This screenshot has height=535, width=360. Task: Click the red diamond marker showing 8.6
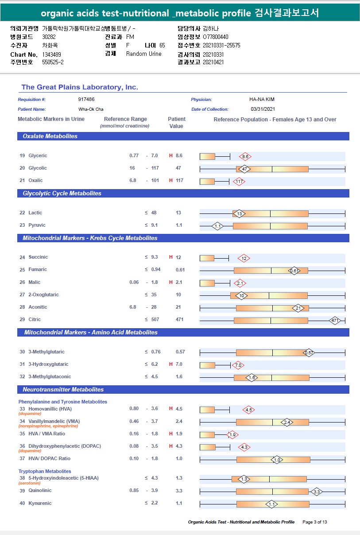[245, 156]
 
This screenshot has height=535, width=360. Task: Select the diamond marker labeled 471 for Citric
[335, 320]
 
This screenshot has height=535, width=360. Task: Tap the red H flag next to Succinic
[170, 257]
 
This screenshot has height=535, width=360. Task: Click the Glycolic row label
[38, 168]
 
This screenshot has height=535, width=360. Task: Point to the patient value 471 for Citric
[180, 320]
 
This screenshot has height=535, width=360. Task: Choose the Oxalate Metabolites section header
[50, 136]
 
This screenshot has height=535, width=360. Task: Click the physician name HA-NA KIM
[262, 100]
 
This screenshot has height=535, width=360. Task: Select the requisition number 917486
[86, 100]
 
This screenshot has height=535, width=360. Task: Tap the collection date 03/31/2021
[263, 109]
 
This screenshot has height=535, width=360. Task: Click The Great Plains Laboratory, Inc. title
[80, 87]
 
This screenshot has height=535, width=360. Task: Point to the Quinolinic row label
[40, 491]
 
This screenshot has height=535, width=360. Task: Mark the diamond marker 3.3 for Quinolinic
[316, 492]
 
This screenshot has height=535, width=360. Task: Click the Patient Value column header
[176, 122]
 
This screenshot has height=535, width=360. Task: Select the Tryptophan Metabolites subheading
[45, 471]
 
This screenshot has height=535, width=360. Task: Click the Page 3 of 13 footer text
[314, 522]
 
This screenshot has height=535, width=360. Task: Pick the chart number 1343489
[52, 54]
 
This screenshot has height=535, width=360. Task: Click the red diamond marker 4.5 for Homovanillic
[248, 410]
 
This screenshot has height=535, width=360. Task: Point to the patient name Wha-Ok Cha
[91, 109]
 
